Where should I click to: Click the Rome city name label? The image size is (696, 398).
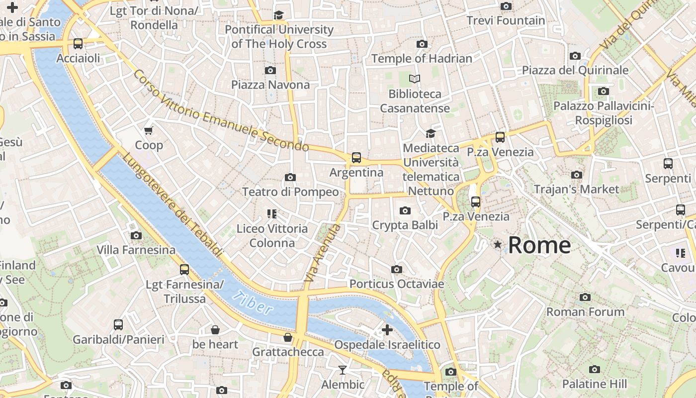[x=539, y=245]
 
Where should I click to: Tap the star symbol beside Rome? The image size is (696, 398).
[x=497, y=244]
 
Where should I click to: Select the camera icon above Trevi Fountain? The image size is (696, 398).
[x=506, y=6]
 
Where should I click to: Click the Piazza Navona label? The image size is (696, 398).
[x=270, y=85]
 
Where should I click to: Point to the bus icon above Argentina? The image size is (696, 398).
[x=356, y=158]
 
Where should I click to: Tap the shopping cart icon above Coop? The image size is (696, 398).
[x=148, y=131]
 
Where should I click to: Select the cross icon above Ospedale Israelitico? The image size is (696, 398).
[x=387, y=329]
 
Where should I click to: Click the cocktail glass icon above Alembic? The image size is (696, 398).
[x=342, y=370]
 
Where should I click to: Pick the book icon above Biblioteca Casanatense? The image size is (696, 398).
[x=415, y=79]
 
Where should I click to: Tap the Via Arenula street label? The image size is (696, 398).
[x=322, y=255]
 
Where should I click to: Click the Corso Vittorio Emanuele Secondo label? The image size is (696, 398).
[x=221, y=111]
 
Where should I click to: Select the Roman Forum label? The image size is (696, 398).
[x=585, y=312]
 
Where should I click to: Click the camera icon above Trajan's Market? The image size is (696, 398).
[x=577, y=175]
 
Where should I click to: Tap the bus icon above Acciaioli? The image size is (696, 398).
[x=78, y=43]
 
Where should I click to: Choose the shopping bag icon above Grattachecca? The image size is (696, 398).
[x=287, y=337]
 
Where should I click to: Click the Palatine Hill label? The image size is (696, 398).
[x=594, y=384]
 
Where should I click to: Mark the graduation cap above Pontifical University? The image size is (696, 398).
[x=278, y=15]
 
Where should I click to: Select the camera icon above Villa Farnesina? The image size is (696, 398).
[x=136, y=235]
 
